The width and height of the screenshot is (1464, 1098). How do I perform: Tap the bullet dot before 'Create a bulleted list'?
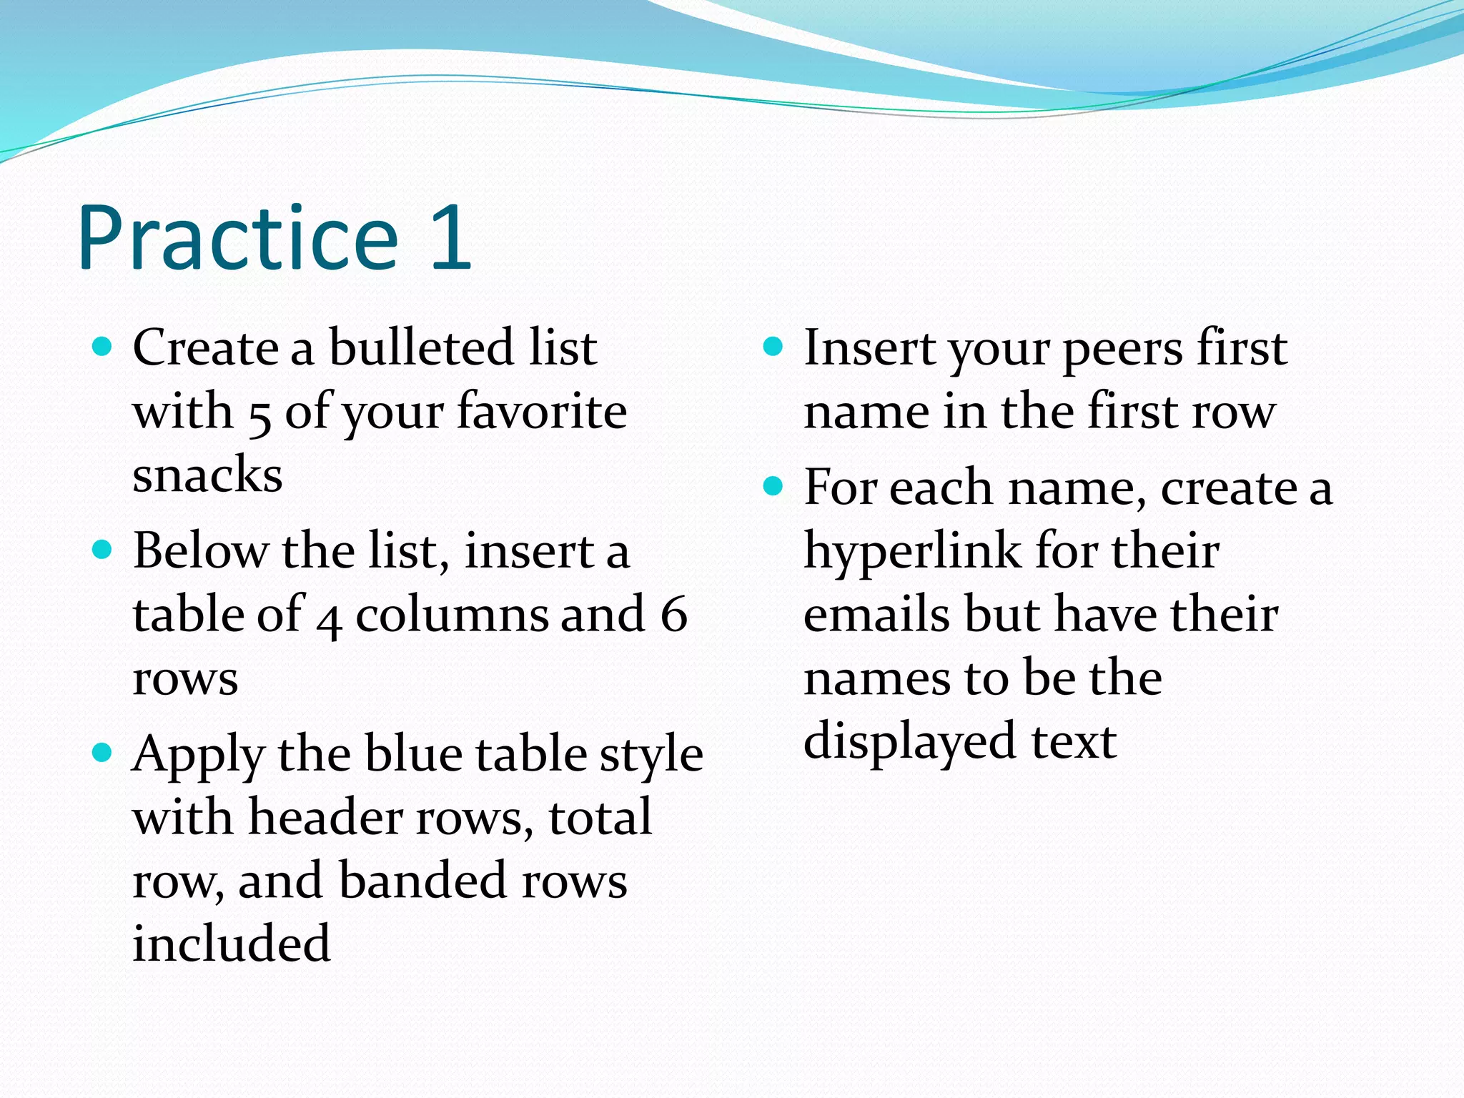coord(103,347)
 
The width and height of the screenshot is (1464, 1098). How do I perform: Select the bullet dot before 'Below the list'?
coord(103,550)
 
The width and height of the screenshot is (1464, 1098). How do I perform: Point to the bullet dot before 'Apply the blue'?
coord(103,753)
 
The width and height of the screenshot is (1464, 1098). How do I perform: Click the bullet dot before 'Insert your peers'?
coord(773,347)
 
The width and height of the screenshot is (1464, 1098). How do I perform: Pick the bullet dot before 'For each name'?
coord(773,487)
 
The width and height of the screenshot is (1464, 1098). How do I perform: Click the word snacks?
coord(207,475)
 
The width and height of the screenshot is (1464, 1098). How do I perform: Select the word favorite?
coord(542,412)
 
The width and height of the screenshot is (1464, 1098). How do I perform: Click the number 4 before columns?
coord(328,619)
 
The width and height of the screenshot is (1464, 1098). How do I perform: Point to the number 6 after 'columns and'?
coord(673,614)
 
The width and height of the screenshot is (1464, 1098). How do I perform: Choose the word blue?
coord(412,753)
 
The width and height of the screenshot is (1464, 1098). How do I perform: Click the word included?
coord(232,944)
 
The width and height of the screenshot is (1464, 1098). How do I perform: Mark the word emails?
coord(876,615)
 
